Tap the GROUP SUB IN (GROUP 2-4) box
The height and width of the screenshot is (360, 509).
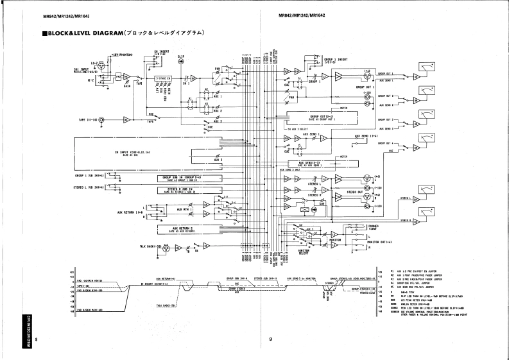(184, 178)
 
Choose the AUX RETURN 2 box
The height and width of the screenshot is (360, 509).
(183, 229)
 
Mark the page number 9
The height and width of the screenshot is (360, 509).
(271, 339)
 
